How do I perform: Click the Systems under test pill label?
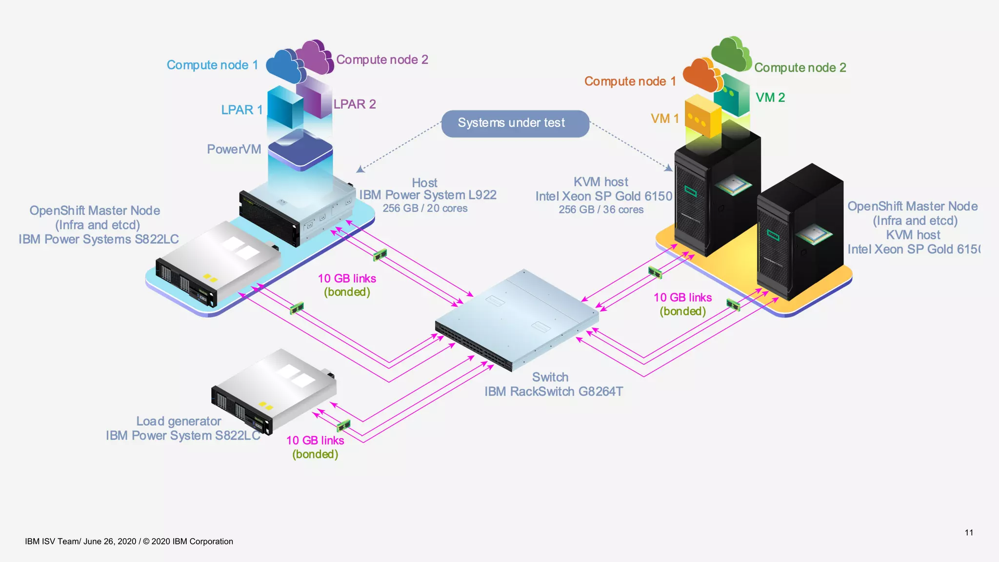[x=515, y=123]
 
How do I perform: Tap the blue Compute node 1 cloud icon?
[x=285, y=66]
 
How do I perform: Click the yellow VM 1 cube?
[x=703, y=117]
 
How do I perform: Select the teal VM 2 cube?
[x=732, y=95]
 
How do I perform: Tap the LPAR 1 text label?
[x=242, y=110]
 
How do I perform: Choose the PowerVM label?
[x=234, y=149]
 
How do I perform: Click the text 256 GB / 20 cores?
[x=425, y=208]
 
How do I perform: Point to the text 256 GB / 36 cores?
[x=601, y=210]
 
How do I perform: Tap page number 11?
[x=969, y=532]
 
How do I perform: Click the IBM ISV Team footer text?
[x=129, y=542]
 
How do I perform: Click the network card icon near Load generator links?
[x=343, y=425]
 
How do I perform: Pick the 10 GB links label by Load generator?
[x=315, y=441]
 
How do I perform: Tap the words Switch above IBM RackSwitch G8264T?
[x=550, y=377]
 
